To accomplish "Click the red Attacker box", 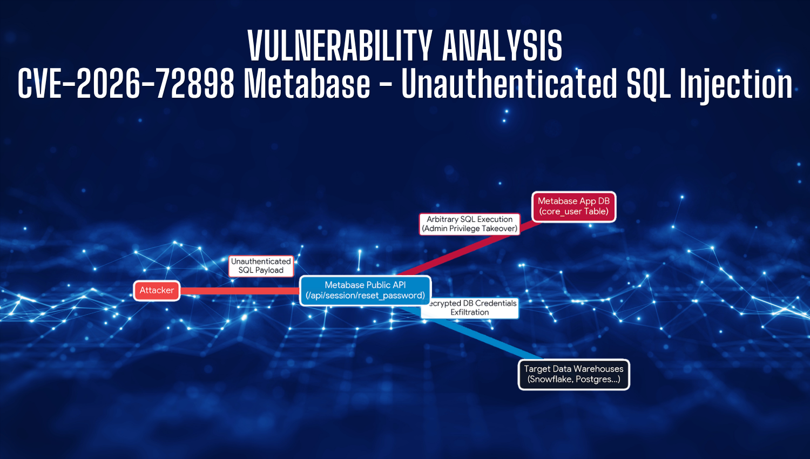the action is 157,291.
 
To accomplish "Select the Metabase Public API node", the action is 365,291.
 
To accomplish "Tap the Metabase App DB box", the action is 573,206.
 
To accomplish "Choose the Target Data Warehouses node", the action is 574,374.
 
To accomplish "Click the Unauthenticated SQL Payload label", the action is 261,266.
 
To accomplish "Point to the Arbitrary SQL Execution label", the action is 469,224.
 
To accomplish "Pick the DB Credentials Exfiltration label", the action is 470,308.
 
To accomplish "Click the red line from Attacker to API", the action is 240,291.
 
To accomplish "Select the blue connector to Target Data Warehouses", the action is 470,333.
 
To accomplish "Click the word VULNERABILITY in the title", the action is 340,45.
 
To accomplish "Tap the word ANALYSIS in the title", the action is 502,45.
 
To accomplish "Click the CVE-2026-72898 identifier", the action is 126,84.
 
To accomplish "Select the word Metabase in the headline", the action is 307,84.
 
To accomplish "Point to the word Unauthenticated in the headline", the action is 509,84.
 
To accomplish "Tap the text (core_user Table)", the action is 573,211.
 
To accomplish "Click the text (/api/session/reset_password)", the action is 365,295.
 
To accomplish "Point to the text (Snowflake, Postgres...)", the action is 574,379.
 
